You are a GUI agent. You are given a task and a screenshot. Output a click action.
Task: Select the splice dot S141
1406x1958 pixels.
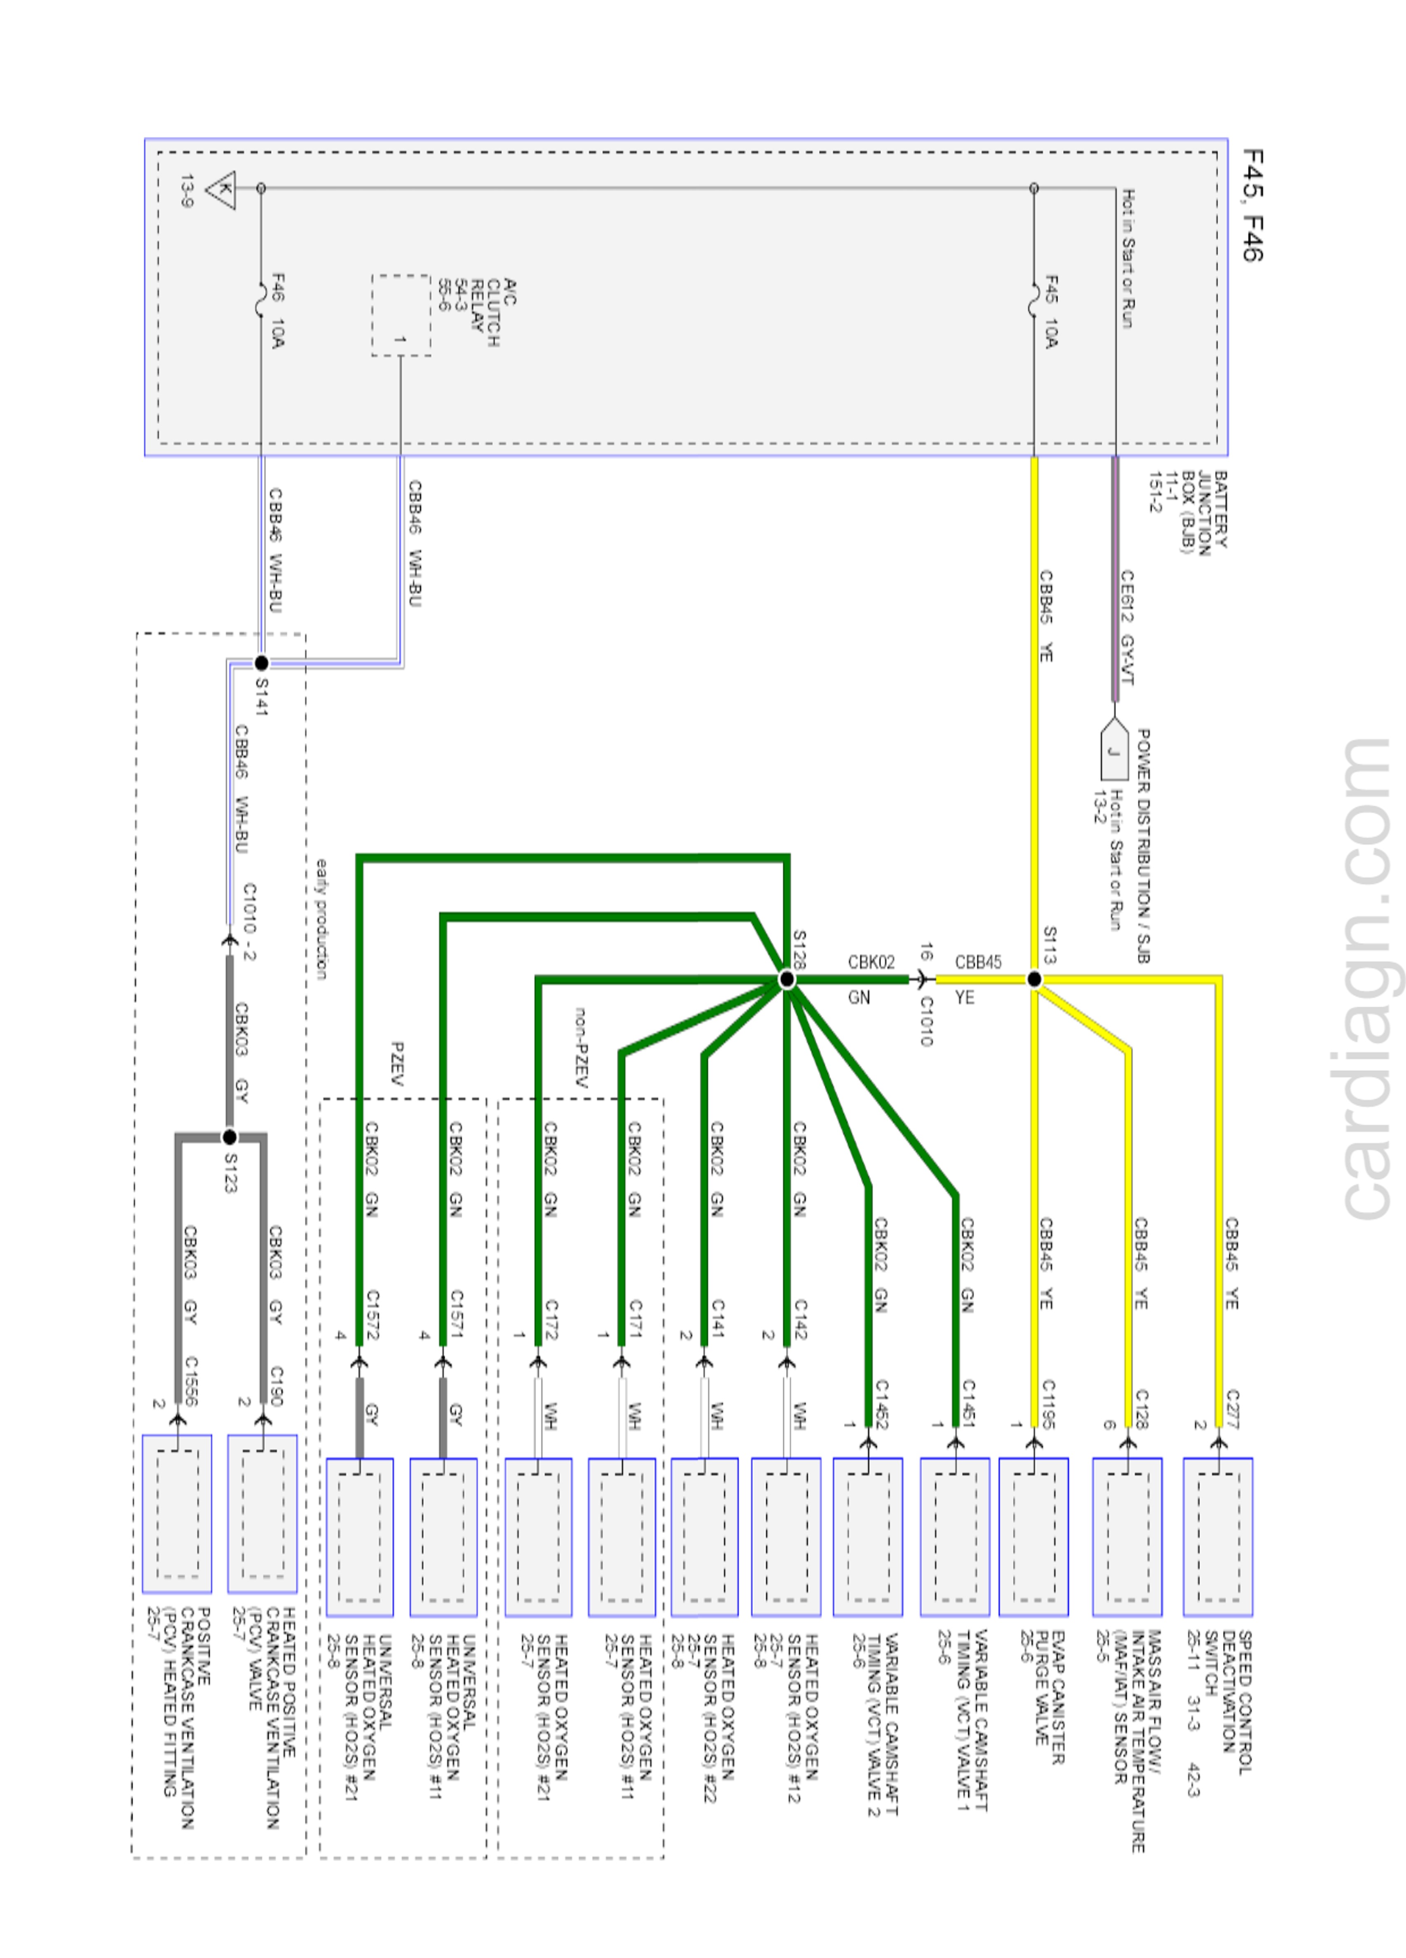[261, 663]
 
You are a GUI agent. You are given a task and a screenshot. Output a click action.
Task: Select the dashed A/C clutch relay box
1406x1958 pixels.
[401, 315]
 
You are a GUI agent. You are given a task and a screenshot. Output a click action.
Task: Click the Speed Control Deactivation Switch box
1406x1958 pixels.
[1217, 1537]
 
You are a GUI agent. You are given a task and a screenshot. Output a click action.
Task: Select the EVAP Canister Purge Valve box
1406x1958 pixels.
[1033, 1537]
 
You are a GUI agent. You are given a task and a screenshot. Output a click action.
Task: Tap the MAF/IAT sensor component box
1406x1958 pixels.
[1126, 1537]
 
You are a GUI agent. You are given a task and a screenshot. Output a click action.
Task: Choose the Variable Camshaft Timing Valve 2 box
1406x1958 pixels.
[867, 1537]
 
